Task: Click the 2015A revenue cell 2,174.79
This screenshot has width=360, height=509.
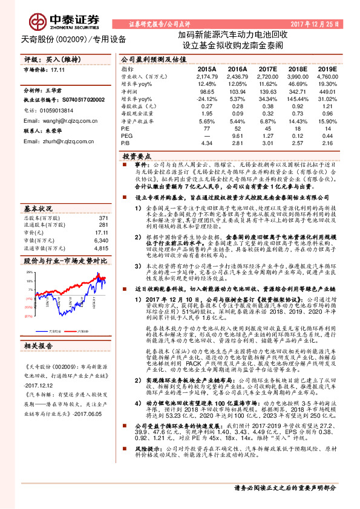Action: [x=206, y=77]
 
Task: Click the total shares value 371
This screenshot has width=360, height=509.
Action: [x=103, y=201]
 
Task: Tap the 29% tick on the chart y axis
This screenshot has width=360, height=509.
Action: [x=28, y=273]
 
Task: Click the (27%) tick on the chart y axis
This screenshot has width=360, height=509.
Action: [x=28, y=315]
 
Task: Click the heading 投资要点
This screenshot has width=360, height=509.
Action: [x=136, y=155]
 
